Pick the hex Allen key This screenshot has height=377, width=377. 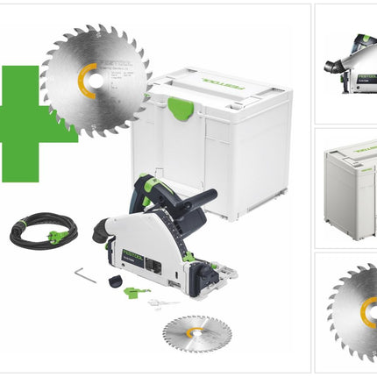(86, 274)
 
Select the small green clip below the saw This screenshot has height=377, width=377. (132, 291)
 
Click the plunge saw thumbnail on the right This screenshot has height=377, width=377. (346, 61)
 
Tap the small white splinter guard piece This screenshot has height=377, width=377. (158, 302)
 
